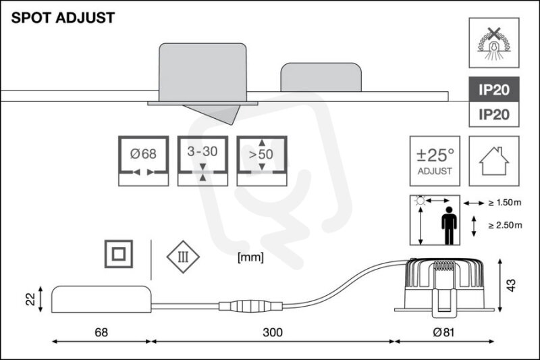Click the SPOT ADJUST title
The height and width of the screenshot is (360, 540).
coord(63,18)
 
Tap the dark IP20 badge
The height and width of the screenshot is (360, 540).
coord(494,90)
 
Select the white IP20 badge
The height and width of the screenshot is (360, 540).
coord(494,114)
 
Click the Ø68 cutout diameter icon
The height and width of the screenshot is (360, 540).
coord(143,161)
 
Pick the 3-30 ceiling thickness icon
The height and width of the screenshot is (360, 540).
coord(202,161)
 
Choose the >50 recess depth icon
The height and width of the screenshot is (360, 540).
coord(262,161)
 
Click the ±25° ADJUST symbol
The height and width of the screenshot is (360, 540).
coord(435,161)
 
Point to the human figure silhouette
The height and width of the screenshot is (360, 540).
coord(449,226)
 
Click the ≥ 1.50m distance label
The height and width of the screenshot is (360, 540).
coord(505,203)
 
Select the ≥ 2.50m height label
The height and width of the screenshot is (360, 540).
coord(505,226)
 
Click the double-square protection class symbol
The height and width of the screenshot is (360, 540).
coord(119,254)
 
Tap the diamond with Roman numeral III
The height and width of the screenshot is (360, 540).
coord(183,257)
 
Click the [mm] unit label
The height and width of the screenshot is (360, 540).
coord(250,257)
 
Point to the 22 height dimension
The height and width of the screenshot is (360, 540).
coord(30,299)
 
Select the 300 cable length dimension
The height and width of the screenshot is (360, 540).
coord(273,332)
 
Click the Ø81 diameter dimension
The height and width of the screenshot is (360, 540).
coord(443,332)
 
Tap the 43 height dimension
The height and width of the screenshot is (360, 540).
coord(512,285)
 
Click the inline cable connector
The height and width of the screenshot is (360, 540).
coord(250,306)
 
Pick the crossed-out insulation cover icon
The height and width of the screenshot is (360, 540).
coord(494,43)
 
